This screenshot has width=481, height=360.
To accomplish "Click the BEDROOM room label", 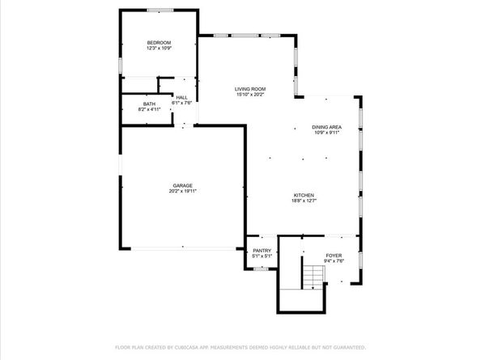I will pyautogui.click(x=158, y=42).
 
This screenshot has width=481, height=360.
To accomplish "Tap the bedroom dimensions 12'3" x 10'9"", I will pyautogui.click(x=158, y=48).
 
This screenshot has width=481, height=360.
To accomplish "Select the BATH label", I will pyautogui.click(x=150, y=104).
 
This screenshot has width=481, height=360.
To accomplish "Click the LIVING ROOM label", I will pyautogui.click(x=250, y=89).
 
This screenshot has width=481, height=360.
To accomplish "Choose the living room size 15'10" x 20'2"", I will pyautogui.click(x=250, y=95).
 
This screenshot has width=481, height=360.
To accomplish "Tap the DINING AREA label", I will pyautogui.click(x=326, y=127).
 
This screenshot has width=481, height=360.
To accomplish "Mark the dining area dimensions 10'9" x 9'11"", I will pyautogui.click(x=326, y=133).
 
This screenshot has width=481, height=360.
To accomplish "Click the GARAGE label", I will pyautogui.click(x=182, y=185).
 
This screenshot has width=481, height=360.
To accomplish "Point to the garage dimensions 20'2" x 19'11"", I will pyautogui.click(x=182, y=191).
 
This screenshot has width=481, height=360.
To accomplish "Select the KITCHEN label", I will pyautogui.click(x=304, y=196).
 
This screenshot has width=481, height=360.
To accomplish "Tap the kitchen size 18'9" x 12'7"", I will pyautogui.click(x=304, y=201).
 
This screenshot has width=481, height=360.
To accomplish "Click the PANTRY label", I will pyautogui.click(x=262, y=251).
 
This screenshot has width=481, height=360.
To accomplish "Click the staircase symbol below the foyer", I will pyautogui.click(x=313, y=277).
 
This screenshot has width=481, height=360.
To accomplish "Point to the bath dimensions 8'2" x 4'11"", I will pyautogui.click(x=150, y=109).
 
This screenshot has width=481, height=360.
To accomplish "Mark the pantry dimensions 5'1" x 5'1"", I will pyautogui.click(x=262, y=256).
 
